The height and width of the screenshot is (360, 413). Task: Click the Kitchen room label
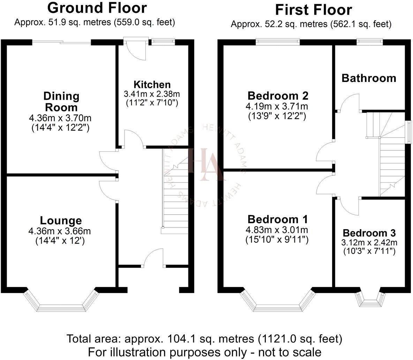[152, 85]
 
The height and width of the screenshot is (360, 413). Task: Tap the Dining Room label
[61, 101]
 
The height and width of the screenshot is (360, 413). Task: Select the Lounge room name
[61, 220]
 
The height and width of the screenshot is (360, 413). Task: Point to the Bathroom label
[369, 78]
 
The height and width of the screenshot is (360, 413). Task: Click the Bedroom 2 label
[278, 96]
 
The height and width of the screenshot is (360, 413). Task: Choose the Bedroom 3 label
[369, 233]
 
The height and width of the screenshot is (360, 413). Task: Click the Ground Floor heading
[97, 8]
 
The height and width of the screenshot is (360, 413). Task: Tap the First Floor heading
[314, 10]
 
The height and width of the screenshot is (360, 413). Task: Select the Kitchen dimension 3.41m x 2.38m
[152, 94]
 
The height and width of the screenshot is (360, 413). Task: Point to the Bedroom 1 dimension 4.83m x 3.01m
[278, 230]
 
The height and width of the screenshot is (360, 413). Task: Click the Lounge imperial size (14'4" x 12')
[61, 240]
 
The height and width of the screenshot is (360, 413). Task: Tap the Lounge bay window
[61, 302]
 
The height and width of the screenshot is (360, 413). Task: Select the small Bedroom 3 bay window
[370, 299]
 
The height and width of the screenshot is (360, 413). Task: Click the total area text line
[204, 339]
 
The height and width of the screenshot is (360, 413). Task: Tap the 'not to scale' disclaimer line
[204, 352]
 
